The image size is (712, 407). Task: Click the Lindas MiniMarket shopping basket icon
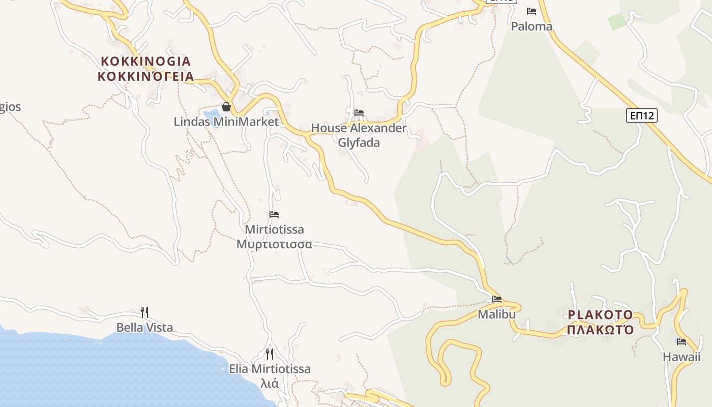coord(226,107)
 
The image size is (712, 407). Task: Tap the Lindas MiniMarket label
coord(226,122)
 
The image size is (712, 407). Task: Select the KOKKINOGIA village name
coord(145,61)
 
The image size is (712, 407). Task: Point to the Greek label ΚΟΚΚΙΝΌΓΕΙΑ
coord(145,77)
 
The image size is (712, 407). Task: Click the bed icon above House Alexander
coord(359,112)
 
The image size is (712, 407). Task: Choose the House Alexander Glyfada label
coord(359,135)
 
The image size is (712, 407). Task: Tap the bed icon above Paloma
coord(531,11)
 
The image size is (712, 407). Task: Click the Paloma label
coord(531,26)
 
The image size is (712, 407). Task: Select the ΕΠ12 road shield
coord(641,116)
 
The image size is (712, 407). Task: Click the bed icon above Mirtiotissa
coord(274,215)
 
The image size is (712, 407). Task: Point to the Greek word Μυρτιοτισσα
coord(274,244)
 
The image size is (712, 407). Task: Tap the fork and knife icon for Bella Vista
coord(144,312)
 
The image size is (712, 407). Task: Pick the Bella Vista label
coord(144,328)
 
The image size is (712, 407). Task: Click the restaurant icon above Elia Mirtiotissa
coord(270,354)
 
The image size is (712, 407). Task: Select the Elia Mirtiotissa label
coord(270,369)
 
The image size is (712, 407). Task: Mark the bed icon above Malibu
coord(497,299)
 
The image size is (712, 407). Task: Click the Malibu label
coord(497,314)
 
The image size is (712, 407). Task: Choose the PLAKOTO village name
coord(600,314)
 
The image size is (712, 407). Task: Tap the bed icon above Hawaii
coord(681,342)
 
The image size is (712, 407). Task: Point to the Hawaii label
coord(681,357)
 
